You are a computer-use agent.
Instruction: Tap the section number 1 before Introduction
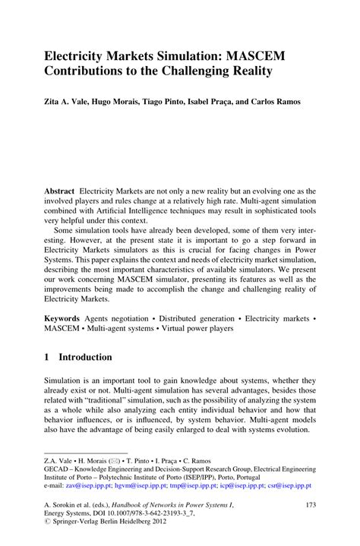(x=46, y=357)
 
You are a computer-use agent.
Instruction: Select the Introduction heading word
(x=86, y=357)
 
